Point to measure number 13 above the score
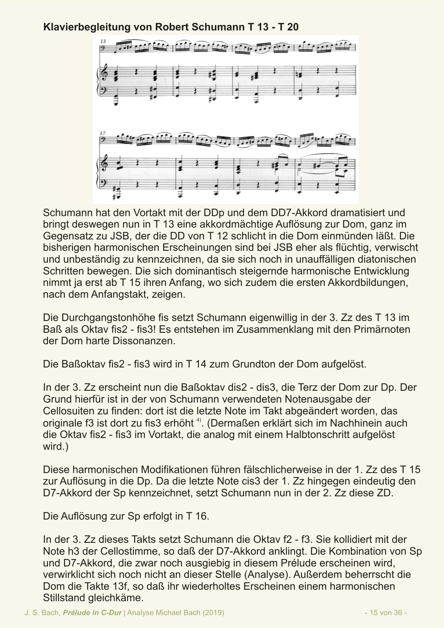(x=103, y=42)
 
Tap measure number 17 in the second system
(x=103, y=133)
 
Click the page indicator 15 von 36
(x=386, y=613)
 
